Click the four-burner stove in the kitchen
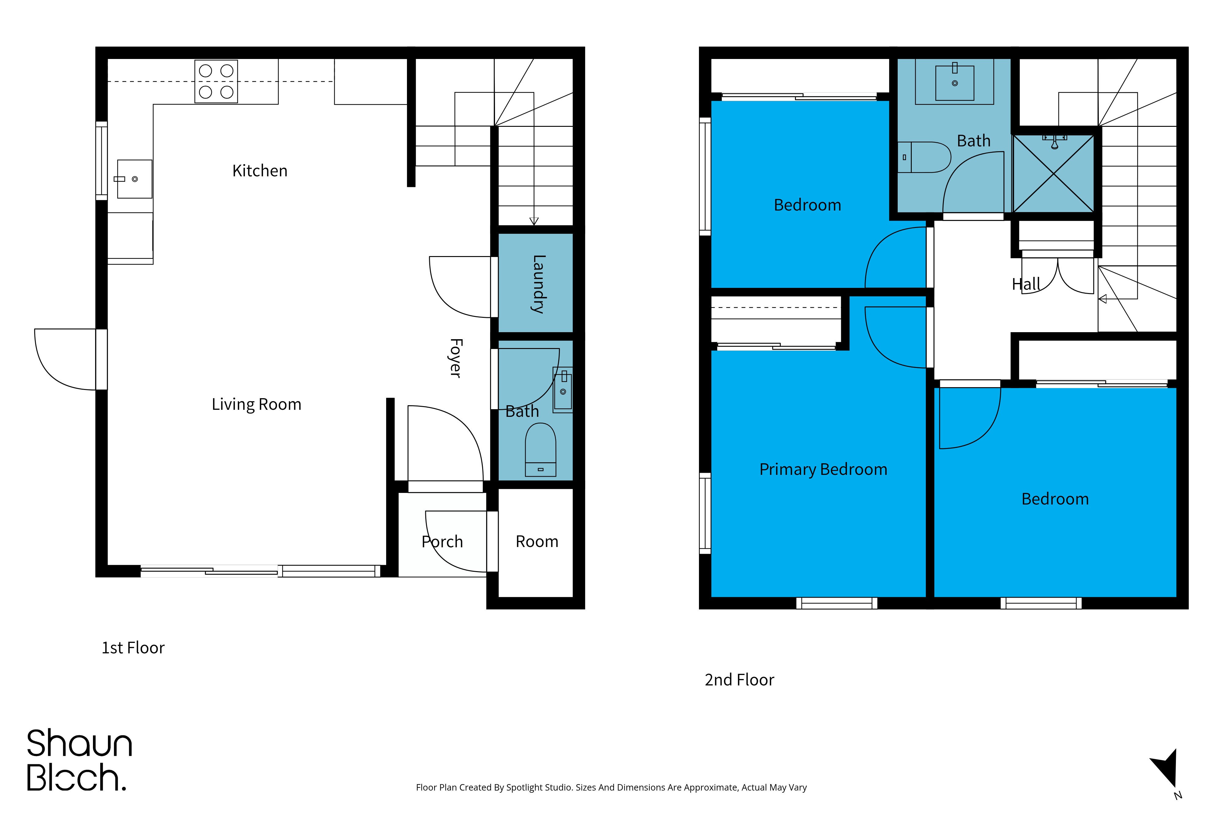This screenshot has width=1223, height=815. coord(216,82)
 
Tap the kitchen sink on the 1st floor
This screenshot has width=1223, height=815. coord(134,179)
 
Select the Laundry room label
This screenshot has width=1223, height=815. coord(539,284)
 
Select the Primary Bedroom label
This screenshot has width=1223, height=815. coord(823,469)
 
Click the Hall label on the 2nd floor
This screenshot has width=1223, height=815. coord(1026,284)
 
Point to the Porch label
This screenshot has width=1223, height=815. coord(442,541)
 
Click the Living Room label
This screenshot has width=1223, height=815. coord(256,404)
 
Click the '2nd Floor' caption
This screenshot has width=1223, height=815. coord(739,680)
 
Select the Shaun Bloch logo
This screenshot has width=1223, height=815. coord(79,760)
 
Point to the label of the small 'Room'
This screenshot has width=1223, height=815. coord(537,541)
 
